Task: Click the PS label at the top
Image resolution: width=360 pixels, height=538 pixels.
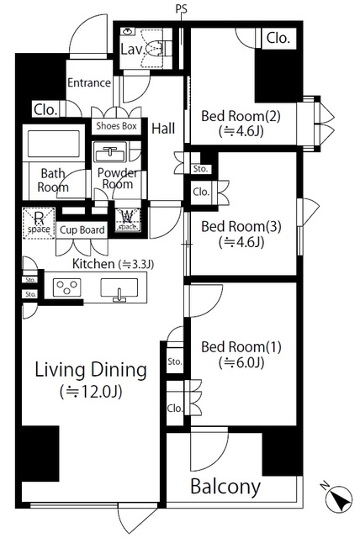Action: [181, 8]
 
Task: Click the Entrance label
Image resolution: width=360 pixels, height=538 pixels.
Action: [89, 82]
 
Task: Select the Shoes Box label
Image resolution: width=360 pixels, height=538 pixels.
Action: [116, 126]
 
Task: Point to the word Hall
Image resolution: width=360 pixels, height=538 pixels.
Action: [163, 129]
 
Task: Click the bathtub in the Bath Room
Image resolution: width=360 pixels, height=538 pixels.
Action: [54, 144]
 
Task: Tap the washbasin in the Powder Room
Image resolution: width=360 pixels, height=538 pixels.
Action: [110, 152]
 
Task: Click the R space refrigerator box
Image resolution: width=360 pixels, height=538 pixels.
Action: [39, 223]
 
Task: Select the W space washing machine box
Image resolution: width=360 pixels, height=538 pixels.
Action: [128, 220]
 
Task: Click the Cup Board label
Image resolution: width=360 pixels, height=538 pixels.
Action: [82, 229]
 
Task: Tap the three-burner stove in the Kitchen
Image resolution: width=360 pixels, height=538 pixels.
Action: [67, 287]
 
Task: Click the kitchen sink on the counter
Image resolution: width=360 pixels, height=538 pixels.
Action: [119, 288]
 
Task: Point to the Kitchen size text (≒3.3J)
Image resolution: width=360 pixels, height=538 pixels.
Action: [136, 265]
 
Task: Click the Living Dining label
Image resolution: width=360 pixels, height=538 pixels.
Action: [91, 370]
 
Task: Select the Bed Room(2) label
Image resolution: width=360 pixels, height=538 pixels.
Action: [241, 116]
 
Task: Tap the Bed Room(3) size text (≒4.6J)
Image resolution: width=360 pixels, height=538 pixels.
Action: [241, 242]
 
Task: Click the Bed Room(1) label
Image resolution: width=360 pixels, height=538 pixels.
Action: [241, 347]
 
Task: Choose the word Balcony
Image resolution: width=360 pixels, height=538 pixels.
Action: [225, 487]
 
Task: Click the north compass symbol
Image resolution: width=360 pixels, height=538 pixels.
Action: [338, 498]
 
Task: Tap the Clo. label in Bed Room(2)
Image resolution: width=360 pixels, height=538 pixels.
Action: [278, 38]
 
